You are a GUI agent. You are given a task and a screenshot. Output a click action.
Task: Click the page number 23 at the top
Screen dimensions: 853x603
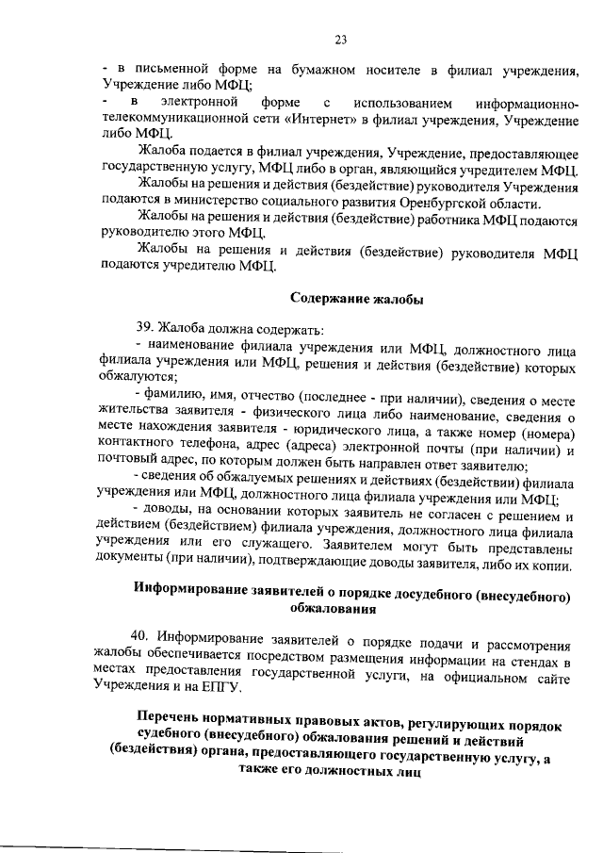tap(340, 39)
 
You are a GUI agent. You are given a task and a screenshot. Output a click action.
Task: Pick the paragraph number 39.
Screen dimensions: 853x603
tap(146, 329)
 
